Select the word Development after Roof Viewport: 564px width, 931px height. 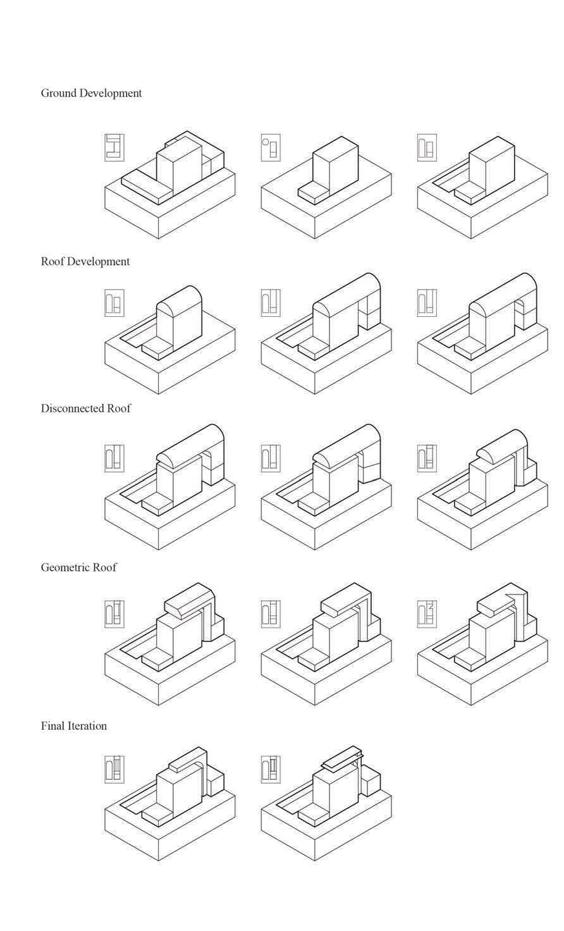pyautogui.click(x=100, y=262)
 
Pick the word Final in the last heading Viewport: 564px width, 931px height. pyautogui.click(x=53, y=726)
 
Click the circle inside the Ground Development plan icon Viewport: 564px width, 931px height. pyautogui.click(x=266, y=142)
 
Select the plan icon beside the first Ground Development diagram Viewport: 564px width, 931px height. pyautogui.click(x=114, y=147)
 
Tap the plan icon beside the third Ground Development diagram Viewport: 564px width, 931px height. pyautogui.click(x=426, y=147)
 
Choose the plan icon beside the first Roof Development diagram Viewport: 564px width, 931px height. pyautogui.click(x=114, y=304)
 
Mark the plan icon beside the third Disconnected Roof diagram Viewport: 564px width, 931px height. pyautogui.click(x=426, y=458)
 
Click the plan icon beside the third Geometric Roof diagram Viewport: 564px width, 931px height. pyautogui.click(x=426, y=613)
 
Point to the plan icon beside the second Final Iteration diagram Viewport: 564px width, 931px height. pyautogui.click(x=270, y=769)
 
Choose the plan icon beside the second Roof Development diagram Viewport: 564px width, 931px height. pyautogui.click(x=270, y=304)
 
